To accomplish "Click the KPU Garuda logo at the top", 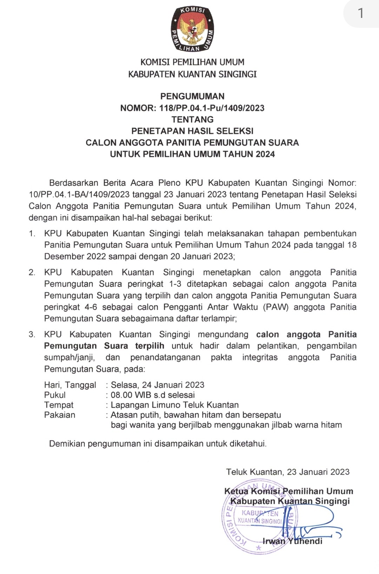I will tap(192, 29).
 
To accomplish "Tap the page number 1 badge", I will tap(360, 13).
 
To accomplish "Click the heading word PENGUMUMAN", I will tap(192, 96).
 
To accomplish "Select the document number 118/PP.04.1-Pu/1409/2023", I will tap(212, 108).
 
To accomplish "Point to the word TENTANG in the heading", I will tap(192, 119).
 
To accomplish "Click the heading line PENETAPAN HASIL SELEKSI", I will tap(192, 131).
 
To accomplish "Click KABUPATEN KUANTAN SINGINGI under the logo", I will tap(192, 74).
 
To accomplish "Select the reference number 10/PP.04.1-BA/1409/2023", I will tap(79, 194).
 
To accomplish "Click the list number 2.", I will tap(32, 272).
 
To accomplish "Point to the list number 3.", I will tap(32, 335).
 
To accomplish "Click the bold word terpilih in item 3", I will tap(149, 346).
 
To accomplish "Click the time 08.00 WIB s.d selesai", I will tap(153, 395).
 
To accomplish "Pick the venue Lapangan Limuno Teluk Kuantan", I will tap(174, 405).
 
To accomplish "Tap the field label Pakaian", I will tap(60, 415).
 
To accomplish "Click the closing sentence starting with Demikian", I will tap(158, 444).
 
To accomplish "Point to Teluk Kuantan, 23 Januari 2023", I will tap(288, 472).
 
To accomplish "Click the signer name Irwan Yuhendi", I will tap(292, 541).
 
